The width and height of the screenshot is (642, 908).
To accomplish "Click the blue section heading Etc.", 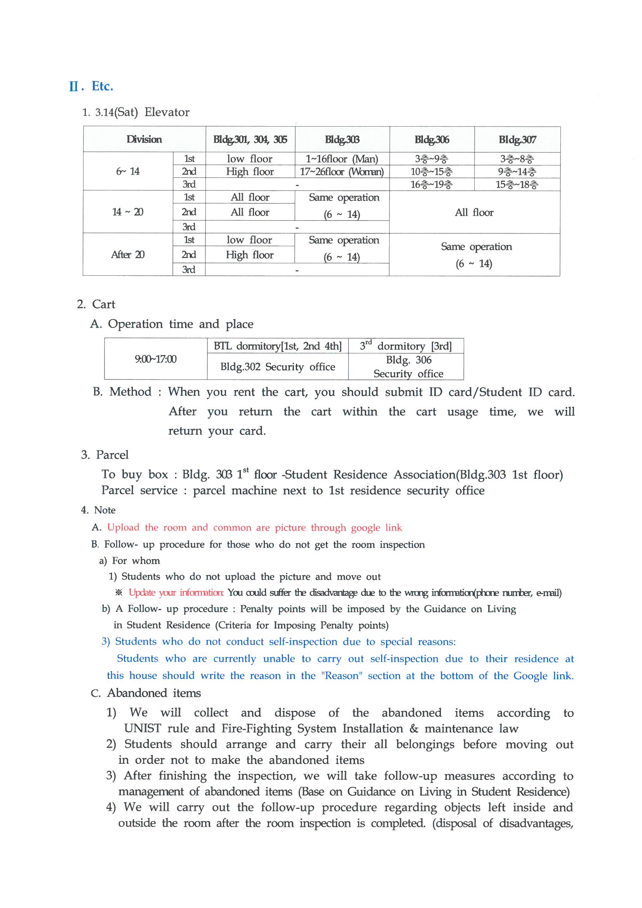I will click(102, 86).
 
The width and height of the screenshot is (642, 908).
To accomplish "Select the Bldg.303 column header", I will click(342, 139).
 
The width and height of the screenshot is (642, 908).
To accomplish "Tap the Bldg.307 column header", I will click(517, 139).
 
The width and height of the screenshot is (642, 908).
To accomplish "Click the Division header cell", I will click(144, 139).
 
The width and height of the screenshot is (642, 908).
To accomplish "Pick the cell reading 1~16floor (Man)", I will click(342, 159).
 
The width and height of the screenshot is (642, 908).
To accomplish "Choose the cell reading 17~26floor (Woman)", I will click(342, 172).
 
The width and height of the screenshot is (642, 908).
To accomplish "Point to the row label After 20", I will click(127, 254).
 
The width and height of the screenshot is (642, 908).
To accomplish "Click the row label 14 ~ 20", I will click(127, 212).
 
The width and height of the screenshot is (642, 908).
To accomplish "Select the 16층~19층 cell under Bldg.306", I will click(431, 185).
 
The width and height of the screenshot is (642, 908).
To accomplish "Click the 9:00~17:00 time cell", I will click(155, 359).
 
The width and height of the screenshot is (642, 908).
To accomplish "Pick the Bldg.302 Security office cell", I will click(278, 367).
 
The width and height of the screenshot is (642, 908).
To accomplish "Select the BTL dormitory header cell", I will click(277, 346).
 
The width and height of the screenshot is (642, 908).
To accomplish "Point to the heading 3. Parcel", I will click(105, 455).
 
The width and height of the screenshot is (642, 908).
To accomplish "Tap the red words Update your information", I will click(176, 592).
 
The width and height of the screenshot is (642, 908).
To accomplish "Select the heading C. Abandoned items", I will click(146, 693).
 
